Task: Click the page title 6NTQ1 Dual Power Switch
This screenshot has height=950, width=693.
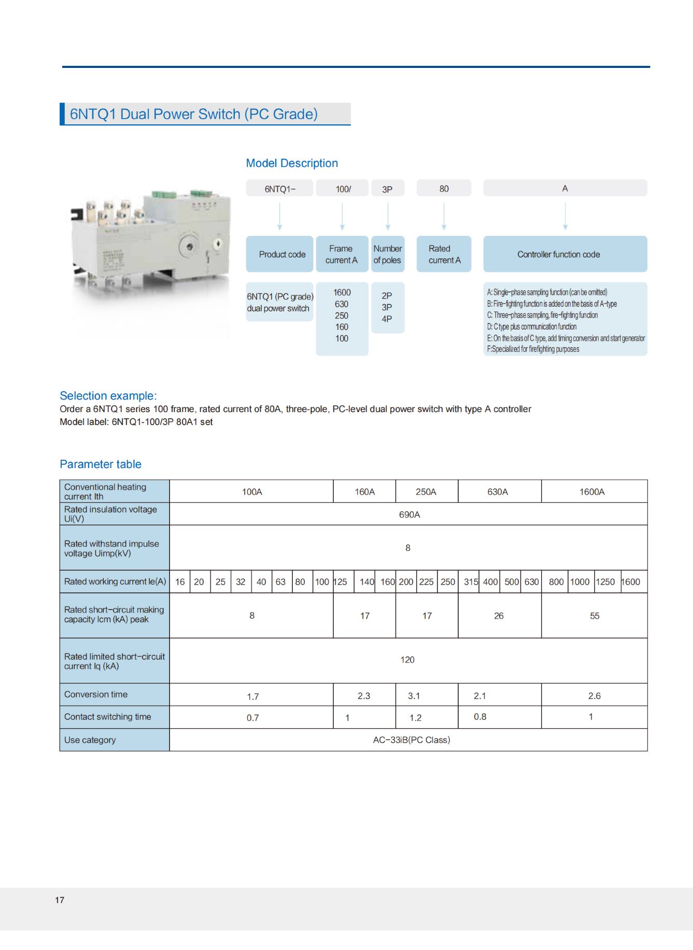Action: click(x=194, y=114)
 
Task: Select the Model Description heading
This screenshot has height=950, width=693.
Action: click(x=292, y=163)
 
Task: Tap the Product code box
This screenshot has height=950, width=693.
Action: click(x=280, y=254)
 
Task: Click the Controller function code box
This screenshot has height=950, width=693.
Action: click(x=564, y=254)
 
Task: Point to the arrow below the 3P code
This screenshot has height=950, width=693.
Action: click(x=388, y=216)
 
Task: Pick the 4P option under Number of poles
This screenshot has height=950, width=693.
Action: click(x=387, y=319)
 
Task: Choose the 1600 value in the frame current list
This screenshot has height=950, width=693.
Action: click(x=342, y=292)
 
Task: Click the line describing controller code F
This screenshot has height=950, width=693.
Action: click(x=533, y=349)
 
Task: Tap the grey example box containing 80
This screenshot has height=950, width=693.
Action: click(x=444, y=189)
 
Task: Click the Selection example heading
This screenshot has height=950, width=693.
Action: click(x=108, y=396)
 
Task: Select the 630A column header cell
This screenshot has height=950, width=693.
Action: click(x=498, y=492)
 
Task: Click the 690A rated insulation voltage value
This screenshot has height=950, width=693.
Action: click(x=409, y=515)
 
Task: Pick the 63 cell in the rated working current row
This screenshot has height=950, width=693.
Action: click(x=280, y=582)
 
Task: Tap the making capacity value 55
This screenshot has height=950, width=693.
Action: click(x=594, y=616)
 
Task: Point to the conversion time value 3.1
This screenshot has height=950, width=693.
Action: click(x=414, y=696)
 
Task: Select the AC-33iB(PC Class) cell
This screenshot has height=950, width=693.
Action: click(x=411, y=740)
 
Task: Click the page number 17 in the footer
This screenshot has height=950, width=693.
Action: click(x=60, y=900)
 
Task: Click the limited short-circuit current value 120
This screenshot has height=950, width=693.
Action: click(x=407, y=660)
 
